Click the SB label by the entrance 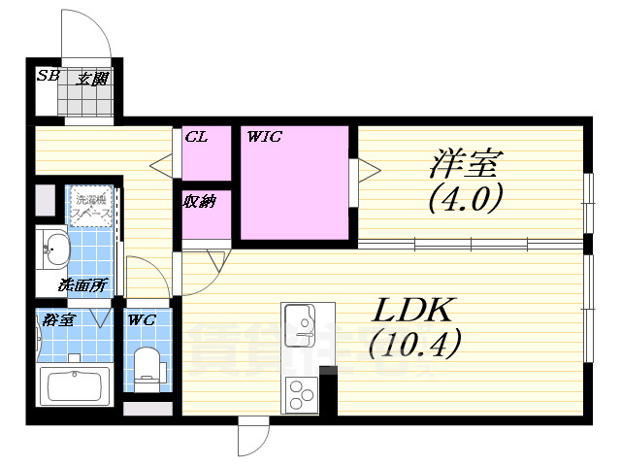pos(46,77)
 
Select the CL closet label pos(196,137)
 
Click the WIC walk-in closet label pos(265,137)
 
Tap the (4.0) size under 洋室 pos(465,198)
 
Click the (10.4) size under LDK pos(415,342)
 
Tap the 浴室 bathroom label pos(54,318)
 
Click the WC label pos(142,318)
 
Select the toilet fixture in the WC pos(148,367)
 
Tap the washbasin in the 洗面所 pos(54,250)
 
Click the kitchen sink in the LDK pos(301,321)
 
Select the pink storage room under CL pos(205,214)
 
